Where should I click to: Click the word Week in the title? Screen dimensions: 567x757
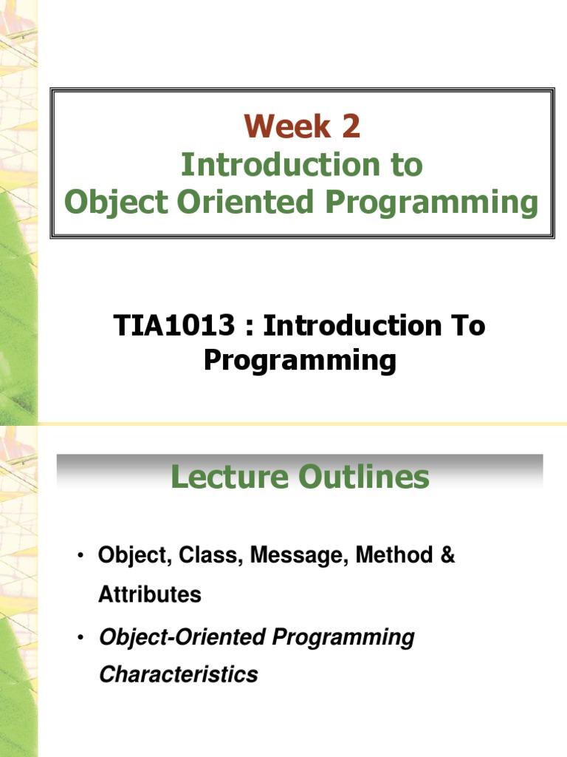click(x=287, y=126)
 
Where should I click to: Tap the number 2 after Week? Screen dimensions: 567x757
click(x=351, y=126)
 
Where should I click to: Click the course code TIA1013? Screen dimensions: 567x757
click(x=174, y=325)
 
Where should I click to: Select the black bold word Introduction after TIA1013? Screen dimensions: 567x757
click(x=352, y=325)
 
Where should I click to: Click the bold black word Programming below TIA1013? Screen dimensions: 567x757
click(x=300, y=361)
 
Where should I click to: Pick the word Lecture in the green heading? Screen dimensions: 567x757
click(x=230, y=477)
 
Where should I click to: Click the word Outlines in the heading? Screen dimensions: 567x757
click(x=364, y=477)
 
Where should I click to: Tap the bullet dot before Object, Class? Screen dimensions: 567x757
click(x=80, y=554)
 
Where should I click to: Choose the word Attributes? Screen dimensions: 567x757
click(x=150, y=594)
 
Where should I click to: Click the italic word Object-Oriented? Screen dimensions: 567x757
click(x=182, y=637)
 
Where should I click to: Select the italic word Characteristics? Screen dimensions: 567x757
click(x=179, y=674)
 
